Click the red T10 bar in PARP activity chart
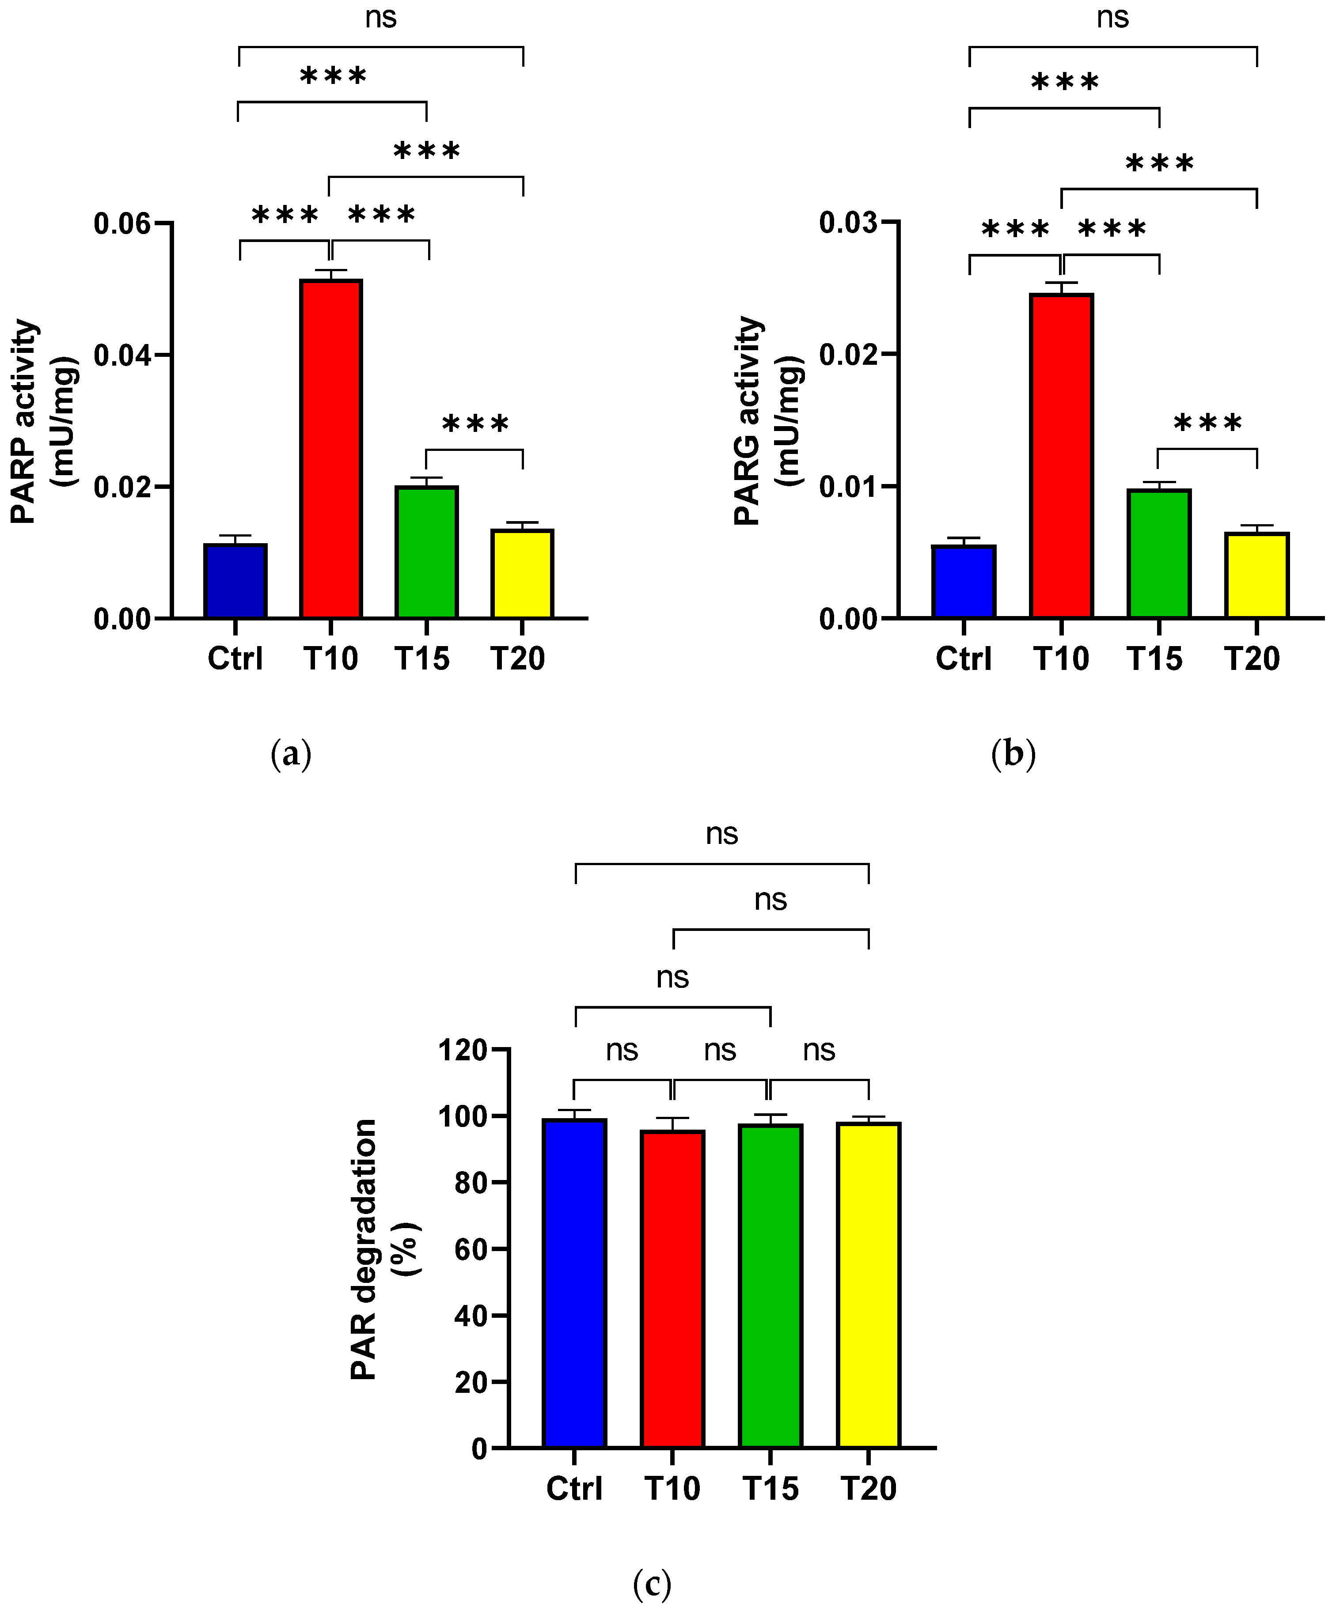coord(331,449)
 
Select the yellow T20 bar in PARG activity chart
coord(1256,575)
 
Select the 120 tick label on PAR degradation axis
coord(462,1050)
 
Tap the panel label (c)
coord(652,1583)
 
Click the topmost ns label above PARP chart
coord(381,17)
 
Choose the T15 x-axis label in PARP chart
coord(422,658)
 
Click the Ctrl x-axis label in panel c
coord(574,1488)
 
